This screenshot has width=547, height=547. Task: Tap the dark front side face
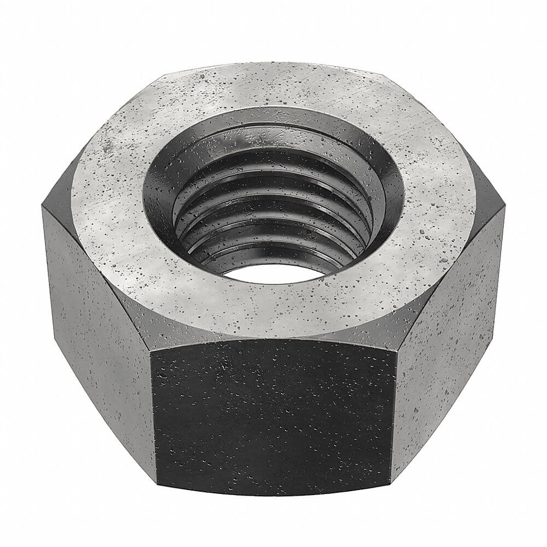[273, 416]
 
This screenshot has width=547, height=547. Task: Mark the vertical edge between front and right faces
[394, 416]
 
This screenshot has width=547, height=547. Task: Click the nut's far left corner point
[42, 207]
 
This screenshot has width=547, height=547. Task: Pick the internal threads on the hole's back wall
[273, 181]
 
